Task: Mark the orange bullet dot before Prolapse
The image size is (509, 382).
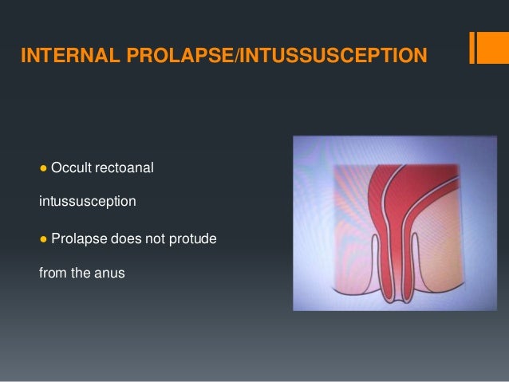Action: (43, 238)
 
